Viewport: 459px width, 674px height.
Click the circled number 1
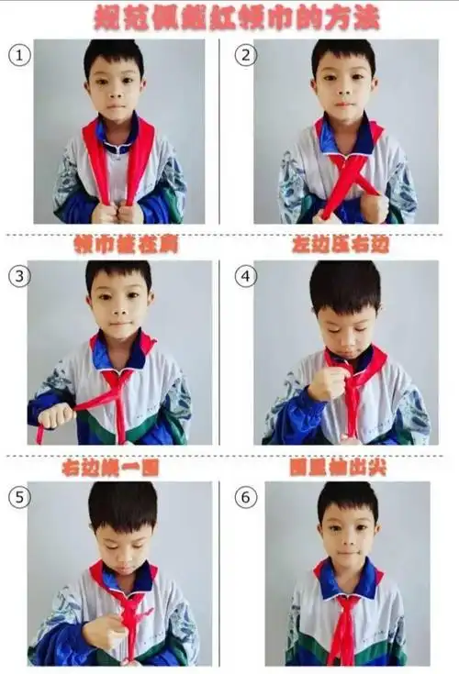(x=19, y=55)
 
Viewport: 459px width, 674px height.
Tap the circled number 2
(x=244, y=55)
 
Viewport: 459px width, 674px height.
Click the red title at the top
(x=229, y=17)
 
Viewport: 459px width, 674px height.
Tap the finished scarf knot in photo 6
(x=346, y=606)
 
